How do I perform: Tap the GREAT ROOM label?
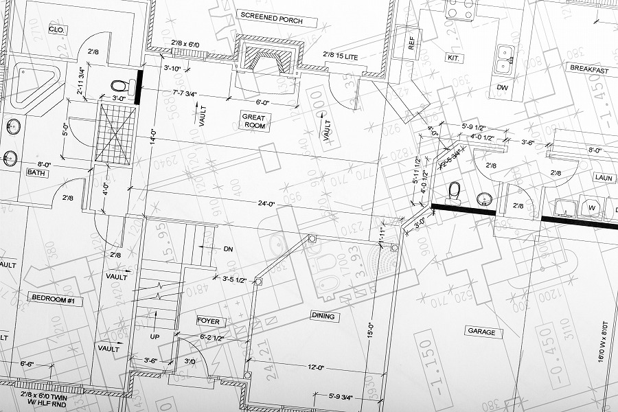[x=253, y=122]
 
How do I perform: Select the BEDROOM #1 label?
[x=55, y=299]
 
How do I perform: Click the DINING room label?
[x=323, y=317]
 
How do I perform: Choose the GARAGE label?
[x=481, y=332]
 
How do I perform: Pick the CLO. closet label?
[x=56, y=30]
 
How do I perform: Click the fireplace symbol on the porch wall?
[x=268, y=58]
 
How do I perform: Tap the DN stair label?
[x=228, y=249]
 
